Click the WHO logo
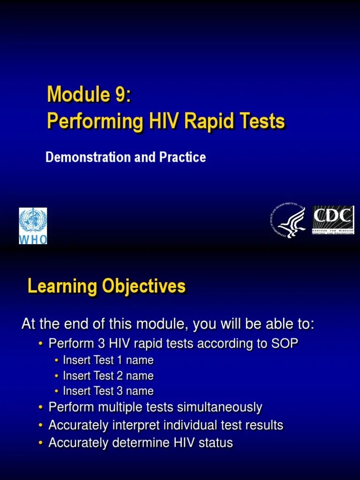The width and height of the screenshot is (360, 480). coord(33,226)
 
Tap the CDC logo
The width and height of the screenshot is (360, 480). coord(333,220)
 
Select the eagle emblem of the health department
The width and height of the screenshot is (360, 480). coord(288,221)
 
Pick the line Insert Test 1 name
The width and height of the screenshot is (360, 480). coord(108,360)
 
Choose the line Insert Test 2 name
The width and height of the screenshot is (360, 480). coord(108,376)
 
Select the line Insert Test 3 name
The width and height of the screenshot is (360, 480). coord(108,391)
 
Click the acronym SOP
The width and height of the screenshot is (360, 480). coord(284,344)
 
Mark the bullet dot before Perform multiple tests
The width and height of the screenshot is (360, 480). coord(41,408)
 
